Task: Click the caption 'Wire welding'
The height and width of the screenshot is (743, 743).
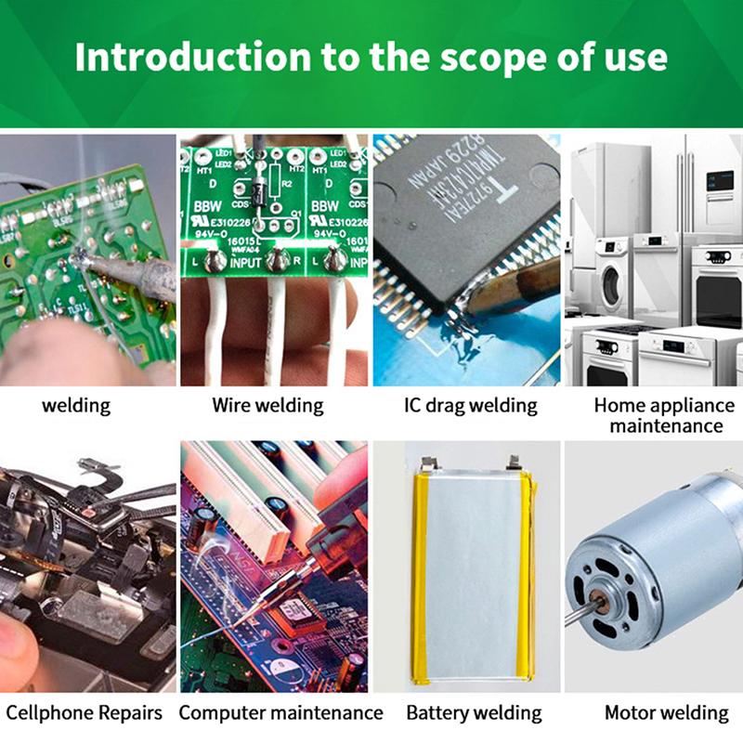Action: pos(267,406)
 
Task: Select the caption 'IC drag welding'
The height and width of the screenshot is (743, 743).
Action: pos(470,406)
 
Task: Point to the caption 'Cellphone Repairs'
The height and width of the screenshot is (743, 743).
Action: pos(84,713)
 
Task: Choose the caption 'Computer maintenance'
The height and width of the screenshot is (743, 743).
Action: pos(280,713)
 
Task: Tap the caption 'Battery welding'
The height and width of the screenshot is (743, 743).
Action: pos(474,713)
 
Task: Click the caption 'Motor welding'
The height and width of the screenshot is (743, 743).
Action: pos(666,713)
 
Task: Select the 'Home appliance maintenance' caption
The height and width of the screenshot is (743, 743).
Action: pos(663,415)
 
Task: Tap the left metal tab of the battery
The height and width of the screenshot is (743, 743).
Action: pos(428,462)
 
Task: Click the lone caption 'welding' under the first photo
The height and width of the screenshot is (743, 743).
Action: pos(76,406)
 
